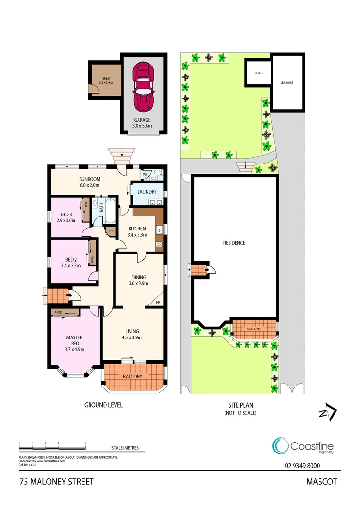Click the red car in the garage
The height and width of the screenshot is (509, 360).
coord(143,86)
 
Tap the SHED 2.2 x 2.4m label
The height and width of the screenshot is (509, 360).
coord(103,81)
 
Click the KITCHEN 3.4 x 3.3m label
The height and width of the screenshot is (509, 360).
coord(138,231)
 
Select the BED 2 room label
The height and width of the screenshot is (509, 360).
coord(71,263)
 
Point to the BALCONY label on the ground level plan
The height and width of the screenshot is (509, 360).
coord(132,377)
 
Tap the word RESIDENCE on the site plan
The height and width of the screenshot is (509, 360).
coord(234,243)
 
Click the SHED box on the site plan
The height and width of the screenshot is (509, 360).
coord(258,73)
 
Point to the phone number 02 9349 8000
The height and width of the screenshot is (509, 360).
coord(303,466)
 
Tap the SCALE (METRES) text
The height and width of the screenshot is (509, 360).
coord(125,448)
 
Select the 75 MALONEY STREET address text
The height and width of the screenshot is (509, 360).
coord(57,482)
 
